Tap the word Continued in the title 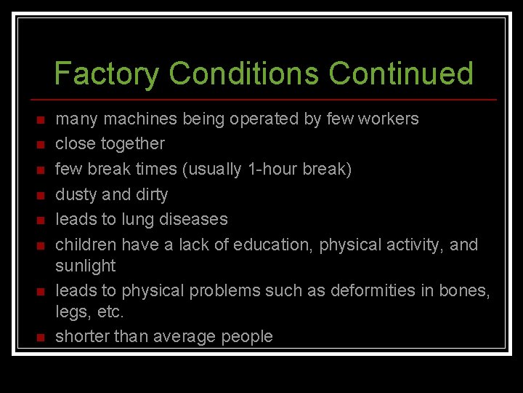[x=401, y=74]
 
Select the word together [x=133, y=143]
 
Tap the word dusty [x=77, y=194]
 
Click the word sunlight [x=86, y=266]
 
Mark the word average [x=181, y=336]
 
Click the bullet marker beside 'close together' [x=41, y=144]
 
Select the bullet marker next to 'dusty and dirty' [x=41, y=195]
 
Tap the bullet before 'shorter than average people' [x=41, y=337]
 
